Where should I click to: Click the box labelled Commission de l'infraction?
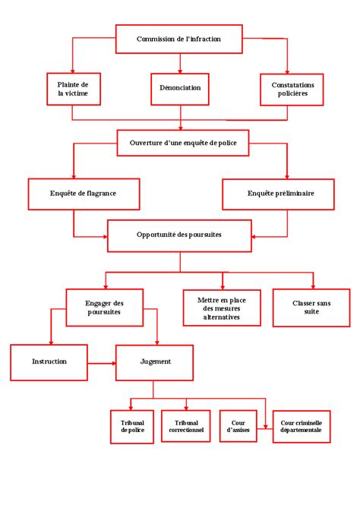[179, 39]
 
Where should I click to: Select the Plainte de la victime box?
[74, 89]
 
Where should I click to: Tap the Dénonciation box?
[180, 89]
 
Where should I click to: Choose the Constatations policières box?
[292, 90]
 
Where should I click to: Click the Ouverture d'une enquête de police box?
[183, 143]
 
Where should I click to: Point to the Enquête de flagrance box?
[84, 194]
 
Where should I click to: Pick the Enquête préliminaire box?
[278, 194]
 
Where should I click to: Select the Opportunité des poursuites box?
[179, 236]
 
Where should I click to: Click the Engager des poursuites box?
[105, 308]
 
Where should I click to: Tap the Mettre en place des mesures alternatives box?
[222, 308]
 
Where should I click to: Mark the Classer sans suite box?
[311, 308]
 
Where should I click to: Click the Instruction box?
[49, 362]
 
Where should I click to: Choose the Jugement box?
[155, 362]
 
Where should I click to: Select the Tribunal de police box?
[132, 427]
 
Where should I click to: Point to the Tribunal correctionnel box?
[185, 426]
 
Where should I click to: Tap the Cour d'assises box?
[238, 426]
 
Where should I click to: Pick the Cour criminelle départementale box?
[302, 427]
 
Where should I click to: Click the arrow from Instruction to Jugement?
[102, 364]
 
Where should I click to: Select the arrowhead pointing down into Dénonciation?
[180, 71]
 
